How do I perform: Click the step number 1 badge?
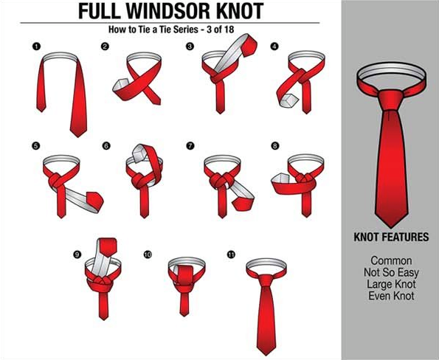pos(36,46)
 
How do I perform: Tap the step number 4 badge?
pos(274,46)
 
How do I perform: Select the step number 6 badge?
pos(106,146)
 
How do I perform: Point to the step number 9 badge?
pos(77,255)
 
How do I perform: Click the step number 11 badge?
pos(231,255)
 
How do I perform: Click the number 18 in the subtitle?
pos(229,30)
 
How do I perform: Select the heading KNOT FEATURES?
pos(391,237)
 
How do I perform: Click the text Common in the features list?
pos(391,260)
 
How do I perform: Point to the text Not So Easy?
pos(391,272)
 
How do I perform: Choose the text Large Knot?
pos(391,284)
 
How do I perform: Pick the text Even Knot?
pos(391,296)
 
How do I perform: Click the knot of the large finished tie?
pos(391,100)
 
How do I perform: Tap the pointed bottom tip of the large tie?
pos(391,227)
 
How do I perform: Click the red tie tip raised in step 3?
pos(249,45)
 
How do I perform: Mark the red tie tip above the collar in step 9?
pos(108,247)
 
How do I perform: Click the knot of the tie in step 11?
pos(266,280)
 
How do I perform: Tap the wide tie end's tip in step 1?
pos(78,136)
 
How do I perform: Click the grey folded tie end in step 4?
pos(288,101)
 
